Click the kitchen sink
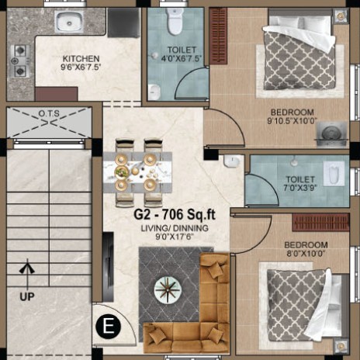pyautogui.click(x=69, y=22)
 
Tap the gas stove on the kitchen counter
pyautogui.click(x=19, y=61)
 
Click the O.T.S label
pyautogui.click(x=49, y=113)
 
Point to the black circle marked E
pyautogui.click(x=108, y=326)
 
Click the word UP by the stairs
pyautogui.click(x=27, y=296)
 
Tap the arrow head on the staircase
pyautogui.click(x=27, y=268)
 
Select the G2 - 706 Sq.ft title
pyautogui.click(x=175, y=214)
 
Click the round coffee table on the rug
pyautogui.click(x=168, y=289)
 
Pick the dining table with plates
pyautogui.click(x=137, y=171)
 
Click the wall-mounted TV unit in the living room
pyautogui.click(x=108, y=267)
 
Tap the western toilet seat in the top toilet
pyautogui.click(x=175, y=21)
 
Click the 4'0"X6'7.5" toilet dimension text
pyautogui.click(x=182, y=59)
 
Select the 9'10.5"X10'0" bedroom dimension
pyautogui.click(x=292, y=121)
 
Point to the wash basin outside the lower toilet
pyautogui.click(x=232, y=161)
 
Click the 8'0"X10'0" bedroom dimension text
pyautogui.click(x=306, y=253)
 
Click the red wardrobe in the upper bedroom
pyautogui.click(x=218, y=36)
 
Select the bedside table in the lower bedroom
pyautogui.click(x=341, y=346)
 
